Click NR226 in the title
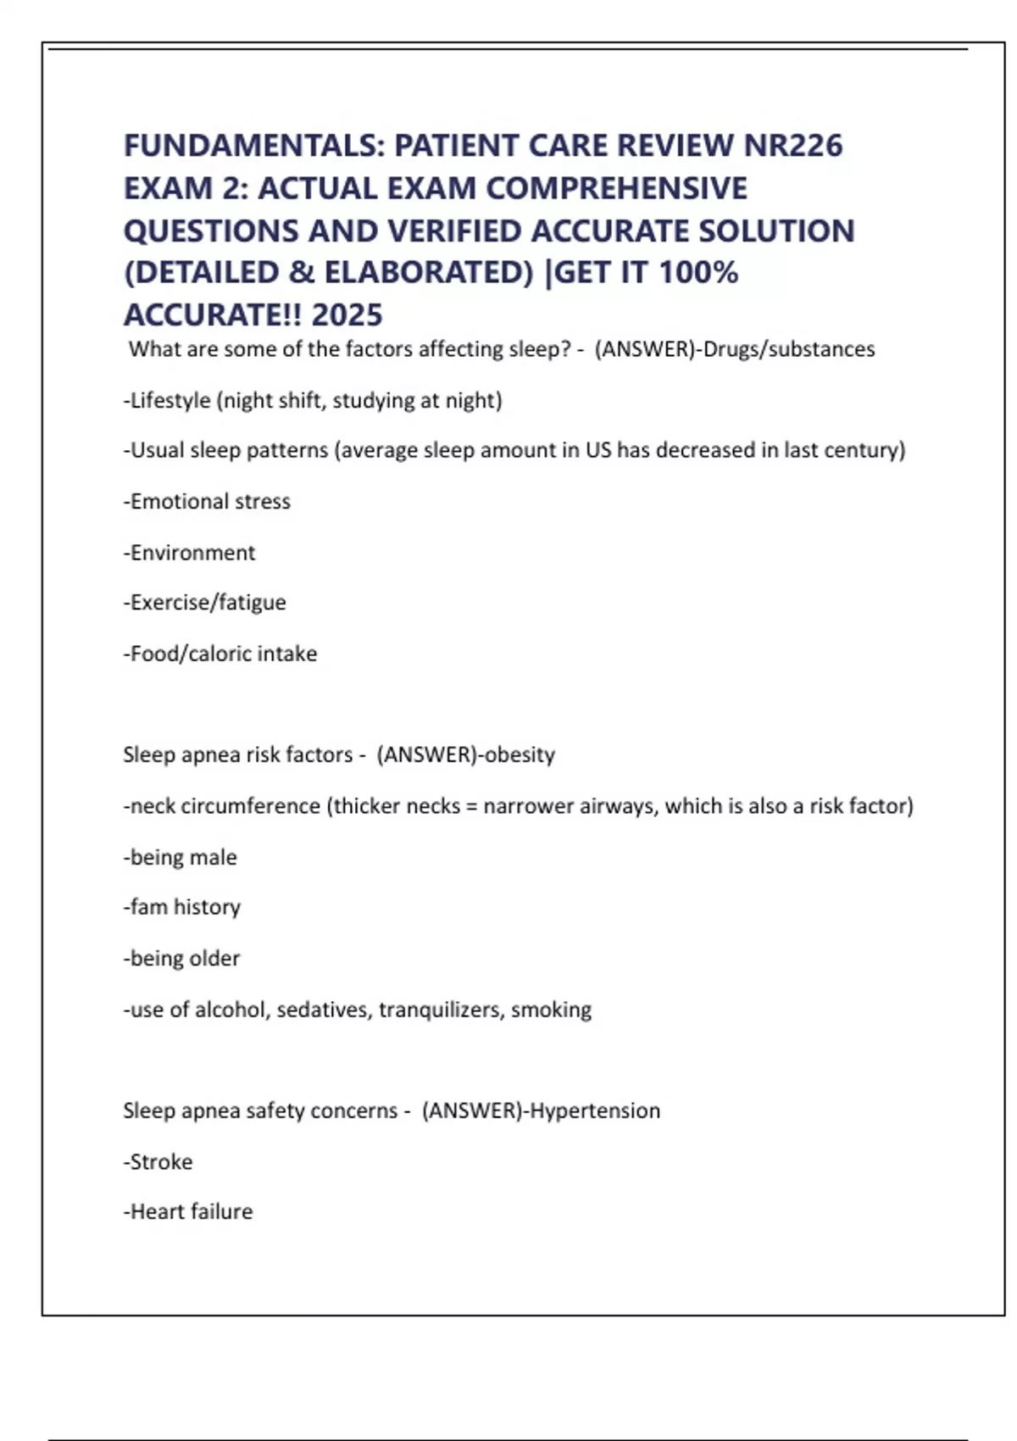793,146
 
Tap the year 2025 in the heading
347,315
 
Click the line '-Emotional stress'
207,502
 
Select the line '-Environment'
189,553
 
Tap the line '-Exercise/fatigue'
204,603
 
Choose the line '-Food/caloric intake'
220,654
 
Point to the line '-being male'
180,857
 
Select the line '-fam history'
182,907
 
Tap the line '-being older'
181,959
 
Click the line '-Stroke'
158,1161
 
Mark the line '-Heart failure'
188,1212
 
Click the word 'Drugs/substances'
789,349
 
